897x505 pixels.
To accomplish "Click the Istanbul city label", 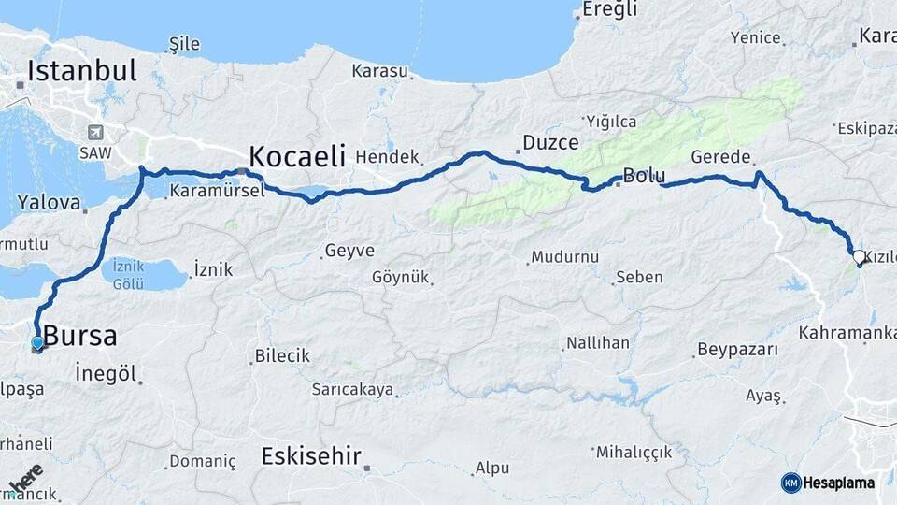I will pyautogui.click(x=82, y=71).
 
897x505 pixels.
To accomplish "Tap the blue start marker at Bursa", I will pyautogui.click(x=37, y=343).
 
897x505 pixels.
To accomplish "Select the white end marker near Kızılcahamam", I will pyautogui.click(x=859, y=255).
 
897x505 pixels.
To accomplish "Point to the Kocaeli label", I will pyautogui.click(x=297, y=155).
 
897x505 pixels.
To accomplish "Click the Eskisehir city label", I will pyautogui.click(x=311, y=456).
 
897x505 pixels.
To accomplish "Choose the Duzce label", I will pyautogui.click(x=550, y=143).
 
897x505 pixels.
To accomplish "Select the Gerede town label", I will pyautogui.click(x=721, y=157).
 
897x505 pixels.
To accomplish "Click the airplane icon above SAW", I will pyautogui.click(x=94, y=133).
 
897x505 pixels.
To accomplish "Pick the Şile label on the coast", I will pyautogui.click(x=183, y=44).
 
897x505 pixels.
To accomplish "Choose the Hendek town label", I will pyautogui.click(x=388, y=158).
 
